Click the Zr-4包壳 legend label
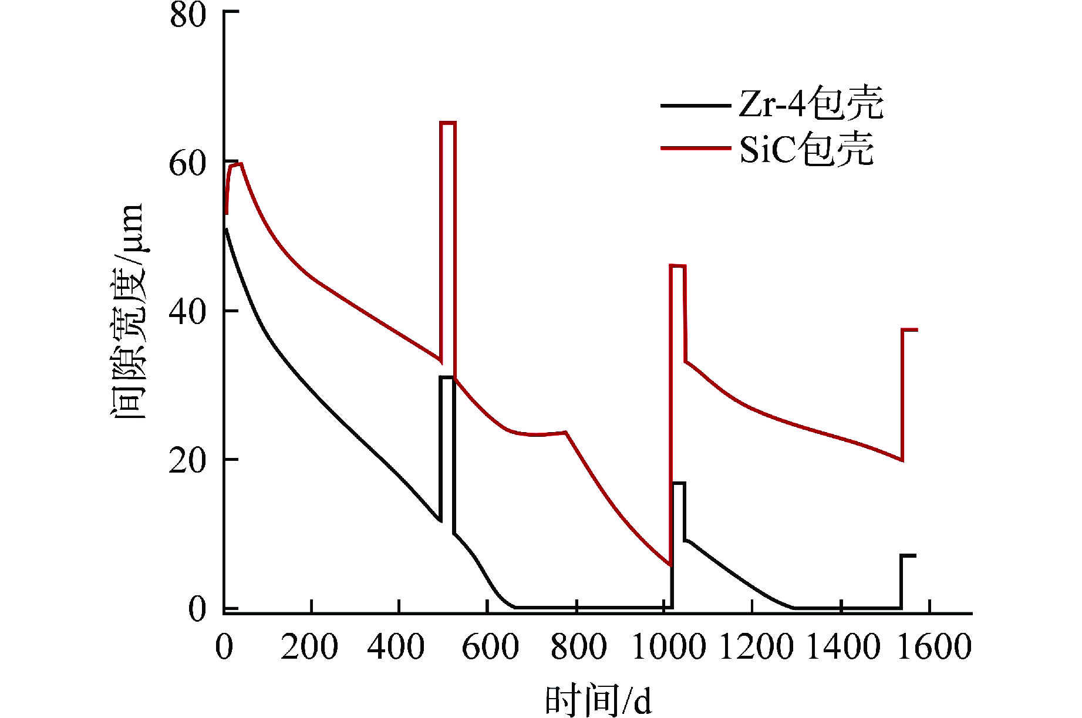[x=811, y=104]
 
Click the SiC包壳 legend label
[x=806, y=149]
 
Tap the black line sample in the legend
[x=696, y=106]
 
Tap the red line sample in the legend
[x=696, y=148]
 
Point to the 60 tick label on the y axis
[x=188, y=164]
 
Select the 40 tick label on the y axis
[x=188, y=312]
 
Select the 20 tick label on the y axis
[x=188, y=461]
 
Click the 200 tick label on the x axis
[x=309, y=647]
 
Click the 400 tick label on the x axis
[x=396, y=647]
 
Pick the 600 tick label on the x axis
[x=490, y=647]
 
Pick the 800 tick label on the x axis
[x=578, y=647]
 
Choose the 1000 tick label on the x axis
[x=669, y=647]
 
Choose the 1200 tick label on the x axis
[x=756, y=647]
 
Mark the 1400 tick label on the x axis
[x=844, y=647]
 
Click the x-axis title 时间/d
[x=598, y=700]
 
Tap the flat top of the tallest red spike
[x=448, y=123]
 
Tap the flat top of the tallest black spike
[x=447, y=377]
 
